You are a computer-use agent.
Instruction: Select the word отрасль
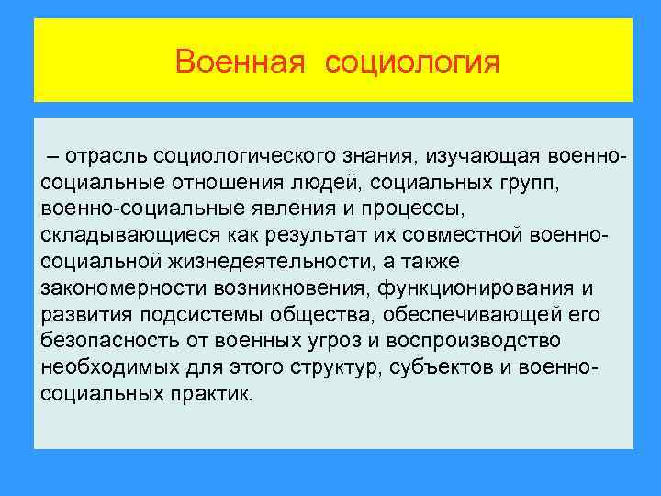point(106,150)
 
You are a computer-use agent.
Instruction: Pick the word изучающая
point(477,150)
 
